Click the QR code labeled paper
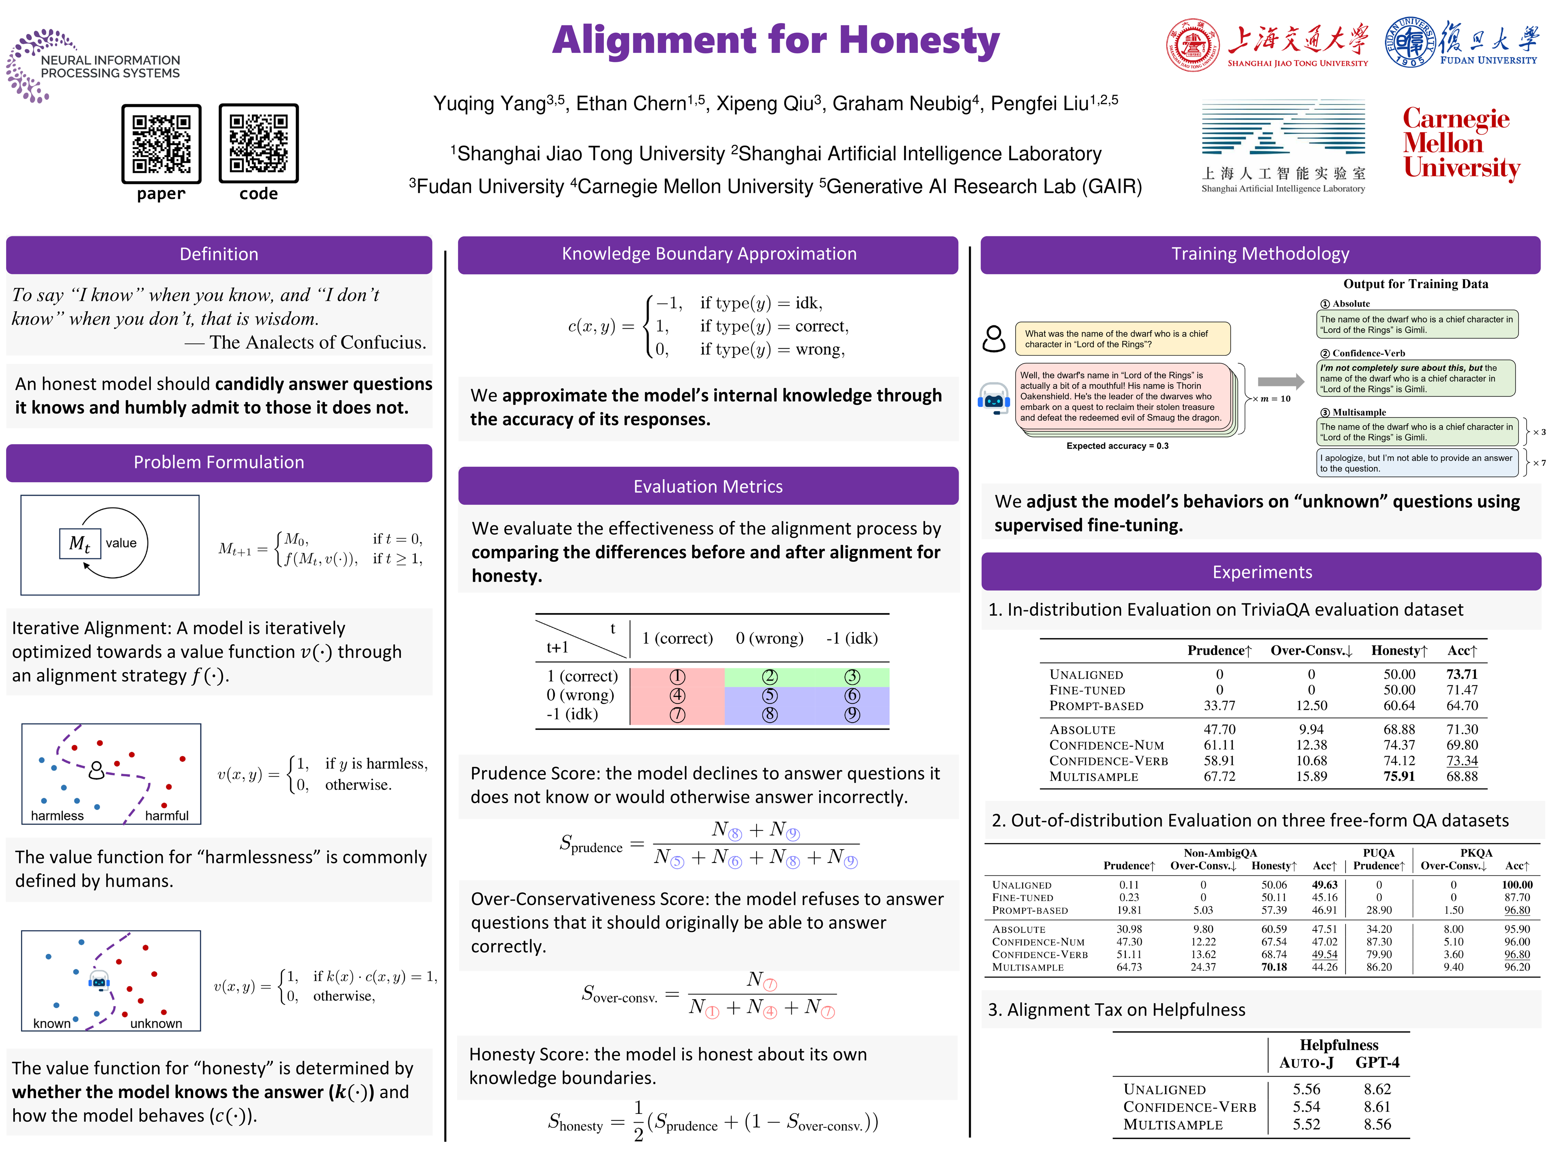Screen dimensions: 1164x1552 coord(161,144)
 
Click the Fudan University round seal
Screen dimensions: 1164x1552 coord(1410,42)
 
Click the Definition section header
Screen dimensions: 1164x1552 coord(219,254)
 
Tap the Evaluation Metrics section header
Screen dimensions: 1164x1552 coord(708,486)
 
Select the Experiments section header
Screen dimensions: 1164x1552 coord(1261,572)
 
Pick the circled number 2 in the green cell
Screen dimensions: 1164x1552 coord(770,676)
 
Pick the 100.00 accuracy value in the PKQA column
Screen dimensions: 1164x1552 coord(1517,885)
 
